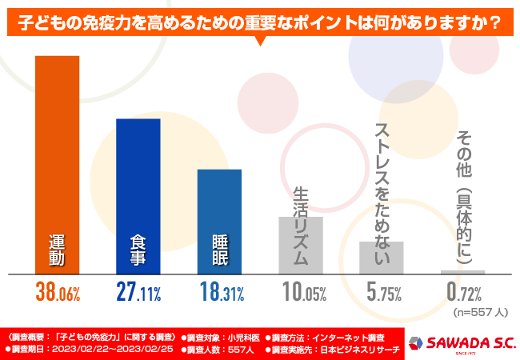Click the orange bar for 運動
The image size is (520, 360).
click(x=57, y=164)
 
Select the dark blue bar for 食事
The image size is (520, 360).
click(x=138, y=196)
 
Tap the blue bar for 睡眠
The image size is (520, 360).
click(x=219, y=221)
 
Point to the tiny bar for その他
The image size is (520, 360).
click(x=462, y=272)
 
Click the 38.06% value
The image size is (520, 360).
click(x=58, y=293)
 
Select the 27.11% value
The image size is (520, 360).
click(x=139, y=293)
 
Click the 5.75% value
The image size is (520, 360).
click(x=383, y=293)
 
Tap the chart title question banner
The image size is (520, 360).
click(x=259, y=23)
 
